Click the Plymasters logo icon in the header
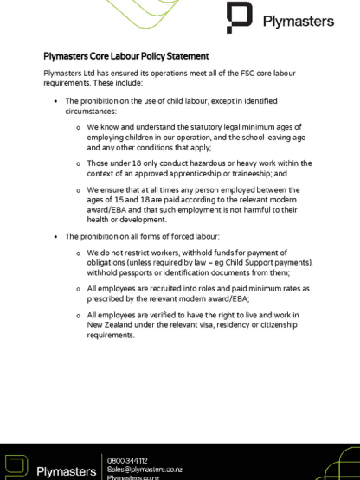coord(239,17)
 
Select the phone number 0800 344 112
coord(125,461)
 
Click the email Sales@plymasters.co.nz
coord(144,470)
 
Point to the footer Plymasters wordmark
coord(67,470)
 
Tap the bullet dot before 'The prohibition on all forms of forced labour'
coord(56,236)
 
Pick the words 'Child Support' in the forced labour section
coord(239,262)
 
